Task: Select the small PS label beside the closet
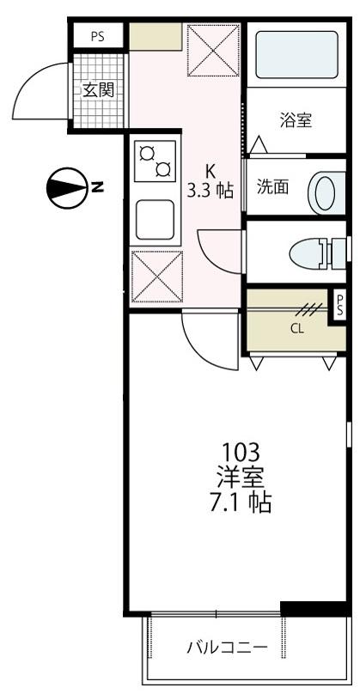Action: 340,303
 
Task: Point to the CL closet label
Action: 296,327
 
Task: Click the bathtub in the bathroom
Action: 296,55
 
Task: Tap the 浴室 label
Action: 296,120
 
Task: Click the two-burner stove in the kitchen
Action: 155,161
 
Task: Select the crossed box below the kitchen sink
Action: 155,277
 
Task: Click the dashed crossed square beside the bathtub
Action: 212,50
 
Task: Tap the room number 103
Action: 240,452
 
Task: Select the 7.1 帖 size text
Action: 240,502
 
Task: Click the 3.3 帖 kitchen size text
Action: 211,191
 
